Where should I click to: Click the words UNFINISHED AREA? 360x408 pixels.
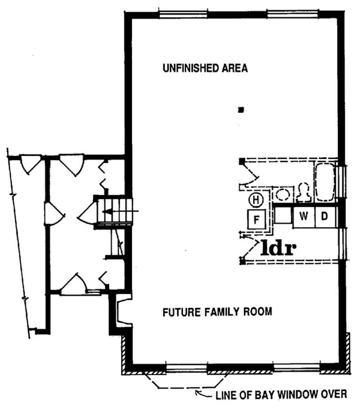coord(205,68)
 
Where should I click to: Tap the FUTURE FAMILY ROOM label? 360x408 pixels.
coord(217,312)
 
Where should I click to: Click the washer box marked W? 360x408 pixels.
coord(304,216)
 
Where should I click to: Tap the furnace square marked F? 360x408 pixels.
coord(257,220)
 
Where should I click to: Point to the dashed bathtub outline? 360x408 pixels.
coord(325,183)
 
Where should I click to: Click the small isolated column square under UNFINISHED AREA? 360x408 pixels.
coord(241,109)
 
